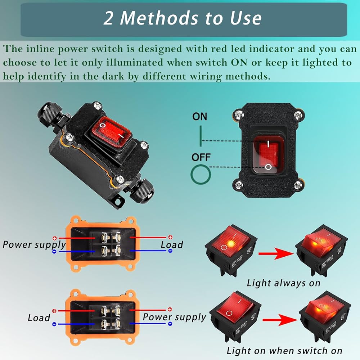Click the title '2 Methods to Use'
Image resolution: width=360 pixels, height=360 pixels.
point(182,18)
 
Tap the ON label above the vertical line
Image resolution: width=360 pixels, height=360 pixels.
point(200,117)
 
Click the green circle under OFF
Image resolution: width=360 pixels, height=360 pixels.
point(201,174)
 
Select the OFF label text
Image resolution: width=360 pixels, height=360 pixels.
point(201,157)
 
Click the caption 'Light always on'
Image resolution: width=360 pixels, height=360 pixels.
point(283,283)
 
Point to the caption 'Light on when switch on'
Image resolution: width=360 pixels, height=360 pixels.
point(284,350)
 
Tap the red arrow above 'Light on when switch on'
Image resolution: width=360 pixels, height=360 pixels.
point(279,320)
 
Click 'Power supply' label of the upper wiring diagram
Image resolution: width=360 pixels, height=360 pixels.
point(34,245)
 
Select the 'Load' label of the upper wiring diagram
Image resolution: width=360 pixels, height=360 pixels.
point(172,245)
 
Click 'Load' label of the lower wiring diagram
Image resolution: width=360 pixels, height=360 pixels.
point(39,318)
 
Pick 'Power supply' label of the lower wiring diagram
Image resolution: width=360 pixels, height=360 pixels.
point(174,317)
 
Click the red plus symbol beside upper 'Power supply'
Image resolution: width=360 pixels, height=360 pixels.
point(54,238)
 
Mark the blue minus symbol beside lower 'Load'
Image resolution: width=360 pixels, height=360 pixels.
point(54,324)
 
